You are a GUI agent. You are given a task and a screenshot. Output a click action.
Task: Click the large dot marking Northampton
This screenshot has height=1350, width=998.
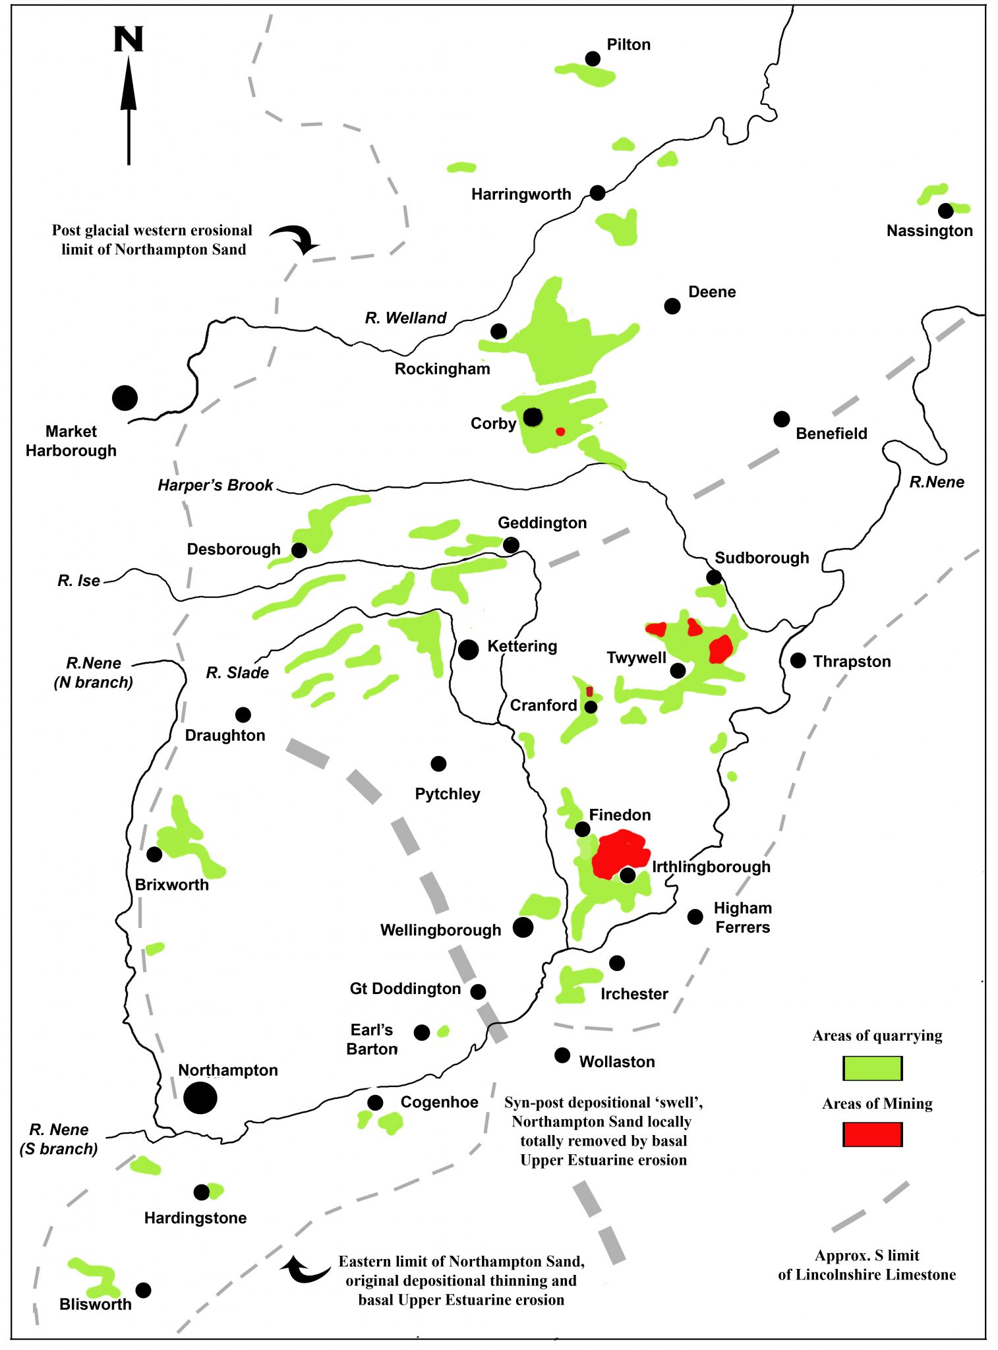[x=200, y=1098]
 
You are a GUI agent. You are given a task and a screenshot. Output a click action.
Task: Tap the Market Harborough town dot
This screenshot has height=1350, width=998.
[x=125, y=397]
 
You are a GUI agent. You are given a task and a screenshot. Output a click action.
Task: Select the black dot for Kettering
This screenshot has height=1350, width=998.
[x=468, y=649]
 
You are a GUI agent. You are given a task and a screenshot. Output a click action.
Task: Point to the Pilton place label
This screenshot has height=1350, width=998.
[x=628, y=45]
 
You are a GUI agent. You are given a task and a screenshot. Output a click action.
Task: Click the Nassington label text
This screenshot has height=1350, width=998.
[x=929, y=231]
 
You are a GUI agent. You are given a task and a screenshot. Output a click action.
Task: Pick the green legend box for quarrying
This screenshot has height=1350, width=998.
[x=872, y=1068]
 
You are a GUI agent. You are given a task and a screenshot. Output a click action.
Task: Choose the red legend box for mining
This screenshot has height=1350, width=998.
[x=872, y=1134]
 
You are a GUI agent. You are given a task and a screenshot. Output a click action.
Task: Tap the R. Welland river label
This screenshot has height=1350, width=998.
[x=405, y=318]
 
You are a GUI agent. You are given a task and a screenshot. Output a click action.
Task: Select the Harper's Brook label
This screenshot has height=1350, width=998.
[x=215, y=485]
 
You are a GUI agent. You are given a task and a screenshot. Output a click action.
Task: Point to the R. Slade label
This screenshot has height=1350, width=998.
[x=237, y=672]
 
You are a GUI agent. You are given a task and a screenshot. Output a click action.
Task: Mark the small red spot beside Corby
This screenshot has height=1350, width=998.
[x=560, y=432]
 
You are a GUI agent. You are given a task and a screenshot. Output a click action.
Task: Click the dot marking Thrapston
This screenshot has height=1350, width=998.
[x=798, y=660]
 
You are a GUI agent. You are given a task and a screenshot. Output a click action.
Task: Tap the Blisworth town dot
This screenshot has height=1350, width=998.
[x=143, y=1290]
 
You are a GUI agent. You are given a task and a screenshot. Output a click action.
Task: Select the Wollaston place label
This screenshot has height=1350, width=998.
[x=617, y=1061]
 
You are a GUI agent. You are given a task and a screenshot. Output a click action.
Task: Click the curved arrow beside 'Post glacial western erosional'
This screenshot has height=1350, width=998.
[x=297, y=238]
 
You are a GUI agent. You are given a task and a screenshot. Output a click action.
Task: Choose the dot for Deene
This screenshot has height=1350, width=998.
[x=672, y=306]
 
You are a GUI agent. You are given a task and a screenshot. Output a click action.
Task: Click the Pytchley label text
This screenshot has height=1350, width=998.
[x=447, y=794]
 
